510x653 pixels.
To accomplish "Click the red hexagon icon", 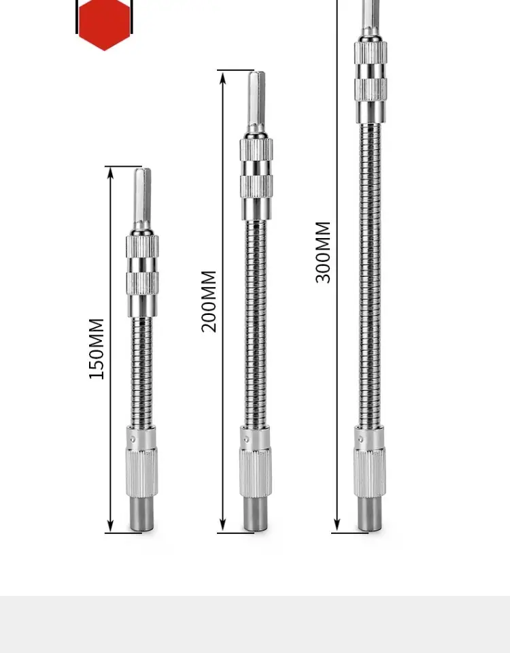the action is (x=104, y=24).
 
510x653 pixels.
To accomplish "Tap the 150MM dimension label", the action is (x=97, y=348).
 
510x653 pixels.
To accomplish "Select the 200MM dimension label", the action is (x=209, y=301).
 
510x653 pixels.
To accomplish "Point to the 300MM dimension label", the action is (x=323, y=252).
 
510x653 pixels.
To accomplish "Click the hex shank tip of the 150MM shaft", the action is (x=142, y=170).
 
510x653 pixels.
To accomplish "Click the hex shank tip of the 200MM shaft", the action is (x=256, y=73).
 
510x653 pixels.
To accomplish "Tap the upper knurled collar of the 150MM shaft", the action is (x=142, y=246).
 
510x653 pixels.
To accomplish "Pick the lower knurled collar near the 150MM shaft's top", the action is (x=142, y=283).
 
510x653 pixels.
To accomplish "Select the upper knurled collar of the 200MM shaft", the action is (x=256, y=149).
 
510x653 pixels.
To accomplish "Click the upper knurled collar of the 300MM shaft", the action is (x=371, y=52).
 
